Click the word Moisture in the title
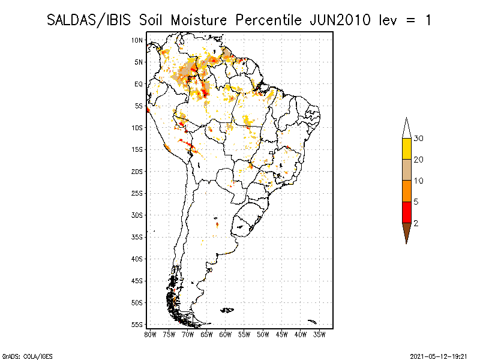point(199,20)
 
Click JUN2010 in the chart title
point(340,20)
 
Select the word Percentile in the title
point(269,20)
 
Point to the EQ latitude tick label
point(139,84)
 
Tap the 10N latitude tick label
point(137,40)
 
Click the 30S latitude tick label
point(137,215)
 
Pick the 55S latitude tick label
point(137,325)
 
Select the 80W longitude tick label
point(150,335)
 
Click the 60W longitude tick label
point(226,335)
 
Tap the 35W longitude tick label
point(319,335)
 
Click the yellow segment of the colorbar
point(407,149)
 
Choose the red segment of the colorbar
point(407,212)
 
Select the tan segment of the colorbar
point(407,170)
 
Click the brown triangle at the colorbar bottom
point(407,232)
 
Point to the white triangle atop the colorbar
point(407,129)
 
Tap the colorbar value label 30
point(418,139)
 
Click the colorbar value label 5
point(416,202)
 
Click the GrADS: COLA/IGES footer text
point(27,356)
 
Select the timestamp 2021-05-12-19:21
point(439,356)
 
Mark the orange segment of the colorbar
point(407,191)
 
